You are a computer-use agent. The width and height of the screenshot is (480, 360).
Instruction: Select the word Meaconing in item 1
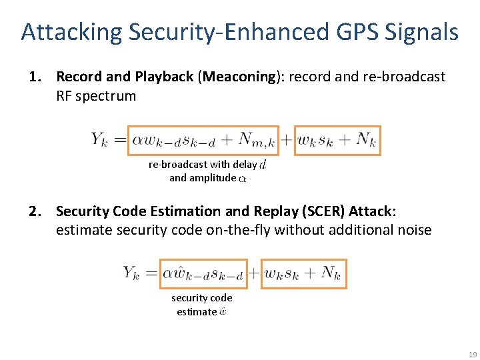pyautogui.click(x=237, y=77)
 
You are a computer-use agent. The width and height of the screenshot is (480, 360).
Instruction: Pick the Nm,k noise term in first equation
pyautogui.click(x=257, y=140)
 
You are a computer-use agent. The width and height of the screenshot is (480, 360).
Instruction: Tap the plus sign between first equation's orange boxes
pyautogui.click(x=285, y=140)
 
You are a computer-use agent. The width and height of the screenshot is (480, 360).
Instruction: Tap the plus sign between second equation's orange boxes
pyautogui.click(x=254, y=273)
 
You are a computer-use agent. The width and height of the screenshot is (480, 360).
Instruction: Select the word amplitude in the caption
pyautogui.click(x=213, y=178)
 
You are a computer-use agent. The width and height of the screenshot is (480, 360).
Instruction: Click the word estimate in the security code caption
pyautogui.click(x=196, y=311)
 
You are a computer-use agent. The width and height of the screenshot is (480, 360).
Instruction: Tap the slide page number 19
pyautogui.click(x=472, y=354)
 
